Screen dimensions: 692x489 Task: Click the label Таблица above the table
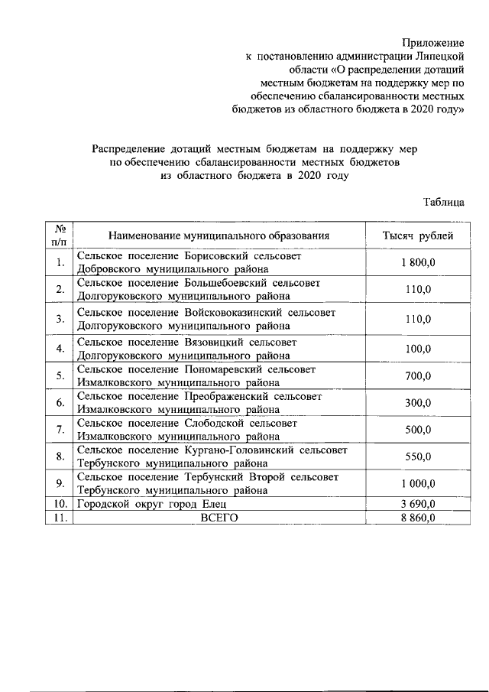point(444,203)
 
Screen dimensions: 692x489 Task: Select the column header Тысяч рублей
point(418,236)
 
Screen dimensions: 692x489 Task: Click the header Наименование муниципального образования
point(219,236)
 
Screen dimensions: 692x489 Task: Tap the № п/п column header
point(59,235)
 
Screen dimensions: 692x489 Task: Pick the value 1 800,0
point(418,262)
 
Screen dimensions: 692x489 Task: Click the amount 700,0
point(418,375)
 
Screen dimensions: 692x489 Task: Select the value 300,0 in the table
point(418,403)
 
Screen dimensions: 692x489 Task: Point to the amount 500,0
point(418,430)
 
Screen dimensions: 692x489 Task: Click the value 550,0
point(418,456)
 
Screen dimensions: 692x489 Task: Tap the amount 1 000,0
point(418,483)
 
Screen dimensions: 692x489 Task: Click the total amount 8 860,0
point(418,517)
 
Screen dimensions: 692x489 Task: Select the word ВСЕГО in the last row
point(219,517)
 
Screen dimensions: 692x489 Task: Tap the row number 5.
point(59,375)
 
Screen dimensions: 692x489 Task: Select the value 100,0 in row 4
point(418,349)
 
